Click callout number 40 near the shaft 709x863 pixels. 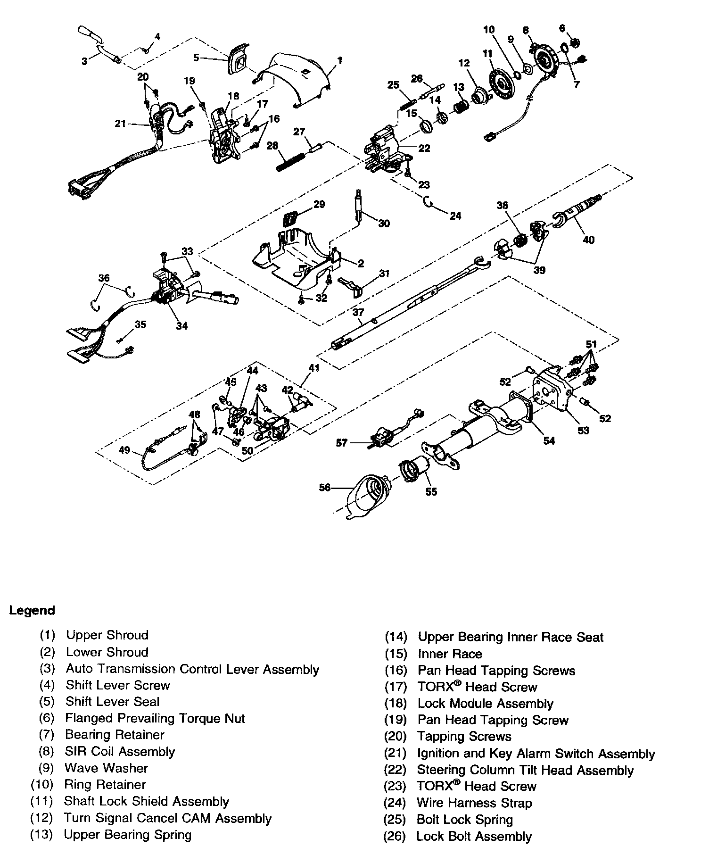click(x=588, y=240)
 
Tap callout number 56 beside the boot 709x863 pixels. click(x=325, y=488)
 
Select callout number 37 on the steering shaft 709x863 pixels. click(x=358, y=312)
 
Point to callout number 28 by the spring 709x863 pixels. click(x=272, y=146)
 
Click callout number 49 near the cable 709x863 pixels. click(x=124, y=450)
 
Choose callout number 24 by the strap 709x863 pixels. click(x=455, y=216)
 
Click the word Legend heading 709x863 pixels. click(x=32, y=610)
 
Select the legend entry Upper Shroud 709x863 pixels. click(x=107, y=635)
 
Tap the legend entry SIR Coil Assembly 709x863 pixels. click(x=120, y=751)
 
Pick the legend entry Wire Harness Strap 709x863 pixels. click(x=474, y=803)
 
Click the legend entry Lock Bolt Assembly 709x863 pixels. click(x=474, y=836)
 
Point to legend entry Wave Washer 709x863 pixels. click(x=106, y=768)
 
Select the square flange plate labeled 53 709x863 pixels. click(x=552, y=389)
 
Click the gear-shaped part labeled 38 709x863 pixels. click(x=520, y=241)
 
